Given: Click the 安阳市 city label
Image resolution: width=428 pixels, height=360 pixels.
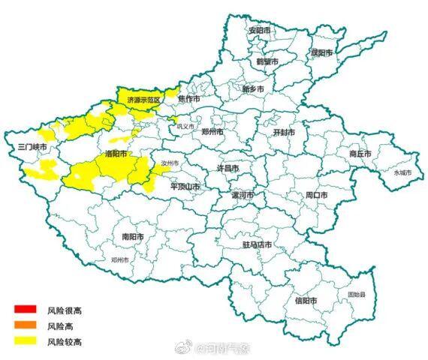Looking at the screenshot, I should tap(259, 31).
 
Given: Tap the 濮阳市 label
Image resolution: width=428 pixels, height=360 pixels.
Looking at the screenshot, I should tap(321, 52).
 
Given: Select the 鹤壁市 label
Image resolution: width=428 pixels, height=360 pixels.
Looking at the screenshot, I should tap(267, 61).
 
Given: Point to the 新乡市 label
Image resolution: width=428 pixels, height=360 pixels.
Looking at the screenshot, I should tap(253, 89).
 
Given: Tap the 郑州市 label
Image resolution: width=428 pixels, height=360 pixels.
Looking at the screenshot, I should tap(213, 131).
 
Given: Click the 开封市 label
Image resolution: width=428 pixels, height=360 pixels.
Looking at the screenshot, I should tap(283, 132).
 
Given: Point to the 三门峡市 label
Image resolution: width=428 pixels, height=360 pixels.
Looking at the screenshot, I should tap(32, 147).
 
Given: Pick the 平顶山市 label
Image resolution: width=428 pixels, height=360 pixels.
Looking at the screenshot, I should tap(185, 186).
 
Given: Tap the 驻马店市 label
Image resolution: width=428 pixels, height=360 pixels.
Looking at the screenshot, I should tap(258, 245).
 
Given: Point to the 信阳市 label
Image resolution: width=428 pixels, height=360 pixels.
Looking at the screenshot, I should tap(306, 301).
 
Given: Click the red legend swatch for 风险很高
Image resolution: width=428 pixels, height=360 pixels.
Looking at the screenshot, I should tap(23, 310).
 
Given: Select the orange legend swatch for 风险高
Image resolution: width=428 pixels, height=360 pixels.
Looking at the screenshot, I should tap(23, 325).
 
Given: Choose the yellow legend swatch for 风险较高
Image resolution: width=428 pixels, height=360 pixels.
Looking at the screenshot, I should tap(23, 342).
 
